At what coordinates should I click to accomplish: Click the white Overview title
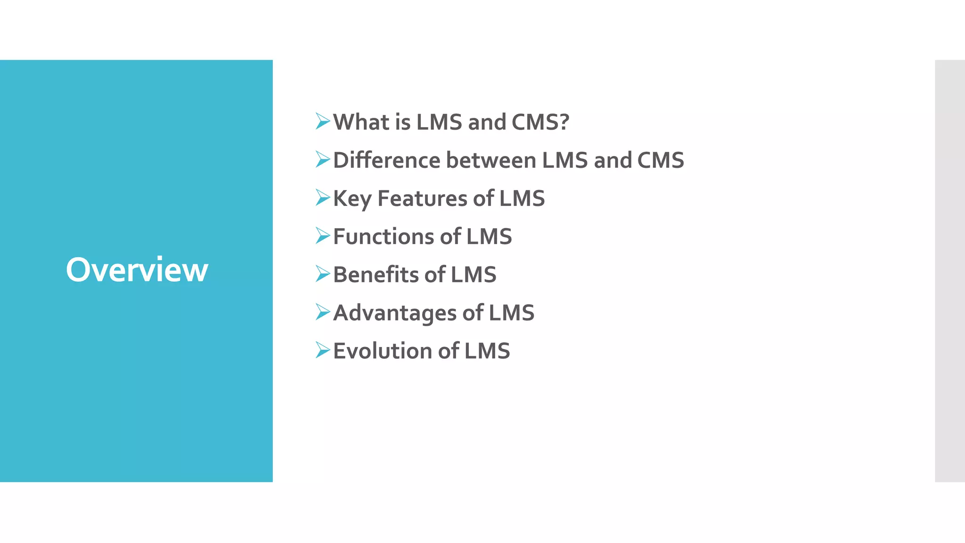[137, 270]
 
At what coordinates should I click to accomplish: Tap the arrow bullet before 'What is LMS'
[323, 122]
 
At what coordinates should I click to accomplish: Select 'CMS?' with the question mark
[540, 122]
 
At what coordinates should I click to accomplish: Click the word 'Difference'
[387, 160]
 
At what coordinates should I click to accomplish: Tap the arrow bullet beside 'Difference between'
[323, 160]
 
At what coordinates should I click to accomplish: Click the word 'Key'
[352, 199]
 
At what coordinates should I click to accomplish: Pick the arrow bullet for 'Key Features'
[323, 198]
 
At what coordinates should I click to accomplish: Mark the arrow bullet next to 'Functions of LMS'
[323, 236]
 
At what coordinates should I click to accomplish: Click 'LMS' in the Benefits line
[474, 275]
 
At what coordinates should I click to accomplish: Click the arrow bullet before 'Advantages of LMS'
[323, 312]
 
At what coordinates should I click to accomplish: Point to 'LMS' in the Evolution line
[487, 351]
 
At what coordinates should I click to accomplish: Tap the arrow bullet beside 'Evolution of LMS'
[323, 350]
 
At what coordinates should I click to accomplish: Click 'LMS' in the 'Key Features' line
[522, 198]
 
